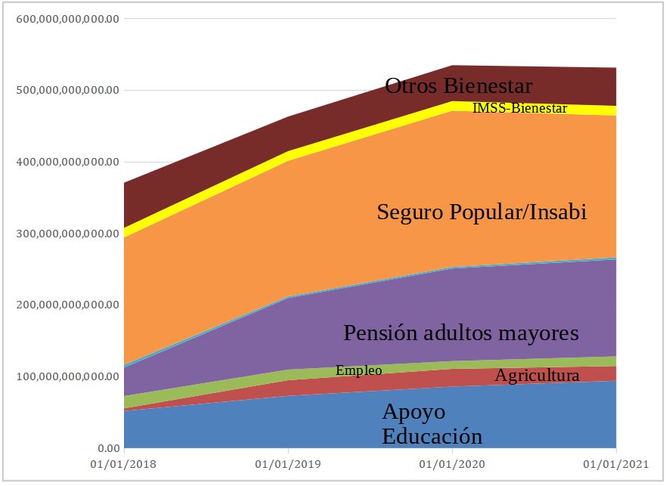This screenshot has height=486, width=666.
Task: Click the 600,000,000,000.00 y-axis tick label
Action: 67,19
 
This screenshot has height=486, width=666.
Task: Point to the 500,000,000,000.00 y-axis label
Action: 67,91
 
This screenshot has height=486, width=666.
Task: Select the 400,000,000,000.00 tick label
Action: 67,162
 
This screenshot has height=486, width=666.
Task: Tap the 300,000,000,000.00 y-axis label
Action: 67,234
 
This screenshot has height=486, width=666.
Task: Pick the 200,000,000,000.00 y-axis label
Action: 67,305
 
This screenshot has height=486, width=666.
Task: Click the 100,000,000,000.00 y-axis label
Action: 67,376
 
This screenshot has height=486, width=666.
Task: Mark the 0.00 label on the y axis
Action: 107,447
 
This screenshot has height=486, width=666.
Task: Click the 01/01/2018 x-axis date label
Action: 123,463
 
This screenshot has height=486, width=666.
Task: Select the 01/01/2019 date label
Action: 288,463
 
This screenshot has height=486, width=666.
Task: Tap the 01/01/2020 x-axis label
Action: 452,463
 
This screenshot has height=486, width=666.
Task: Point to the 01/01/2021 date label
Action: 616,463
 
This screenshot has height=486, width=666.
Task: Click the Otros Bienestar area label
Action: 458,85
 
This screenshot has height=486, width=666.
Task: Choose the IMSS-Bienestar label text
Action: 519,108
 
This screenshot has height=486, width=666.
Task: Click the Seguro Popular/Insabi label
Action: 482,212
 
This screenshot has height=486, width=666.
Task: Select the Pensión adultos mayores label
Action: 460,333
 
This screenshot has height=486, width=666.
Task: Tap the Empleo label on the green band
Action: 358,370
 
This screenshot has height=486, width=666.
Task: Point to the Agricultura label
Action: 537,376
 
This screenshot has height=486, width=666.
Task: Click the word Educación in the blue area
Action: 432,436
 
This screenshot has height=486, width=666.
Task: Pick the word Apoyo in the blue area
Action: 414,413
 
